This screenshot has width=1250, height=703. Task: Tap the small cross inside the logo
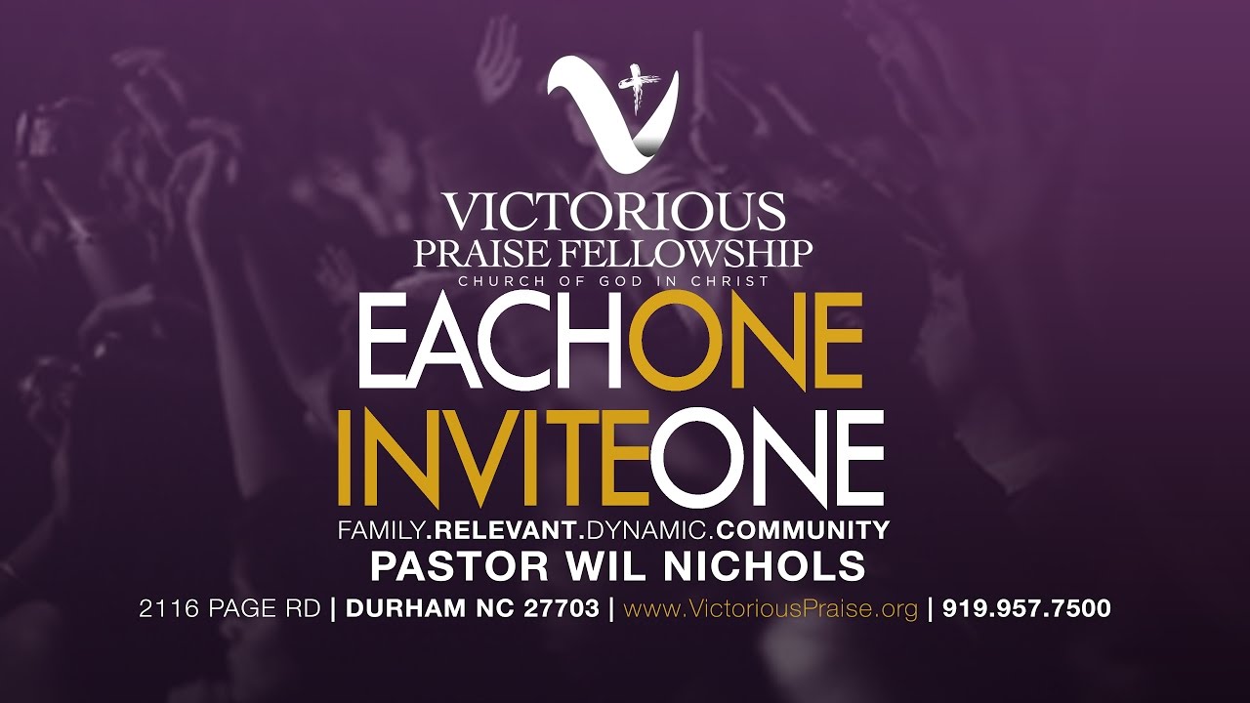click(641, 88)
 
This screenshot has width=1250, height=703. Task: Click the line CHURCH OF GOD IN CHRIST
click(614, 282)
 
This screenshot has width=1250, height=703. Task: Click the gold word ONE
click(745, 342)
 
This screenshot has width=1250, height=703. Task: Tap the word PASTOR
click(437, 566)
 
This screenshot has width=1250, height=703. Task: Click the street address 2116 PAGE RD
click(229, 609)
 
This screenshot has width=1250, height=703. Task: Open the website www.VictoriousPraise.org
click(771, 609)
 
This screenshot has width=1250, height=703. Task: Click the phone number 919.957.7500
click(1026, 609)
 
